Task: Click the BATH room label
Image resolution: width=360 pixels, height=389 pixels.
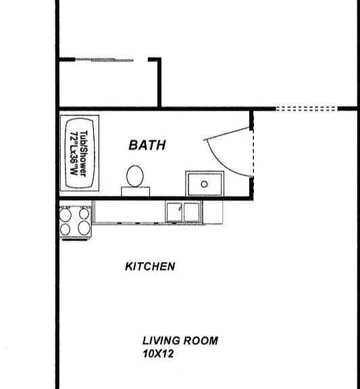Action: pyautogui.click(x=147, y=145)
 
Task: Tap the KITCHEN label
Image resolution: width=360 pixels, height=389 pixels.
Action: pyautogui.click(x=150, y=267)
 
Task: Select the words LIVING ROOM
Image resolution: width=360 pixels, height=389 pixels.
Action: pyautogui.click(x=180, y=340)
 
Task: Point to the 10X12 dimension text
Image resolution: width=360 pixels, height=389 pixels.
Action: pyautogui.click(x=158, y=353)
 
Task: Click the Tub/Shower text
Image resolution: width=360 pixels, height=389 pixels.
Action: pyautogui.click(x=84, y=153)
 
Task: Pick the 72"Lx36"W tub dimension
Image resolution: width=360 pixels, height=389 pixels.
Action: pyautogui.click(x=74, y=153)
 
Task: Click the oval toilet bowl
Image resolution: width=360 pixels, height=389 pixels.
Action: pyautogui.click(x=135, y=176)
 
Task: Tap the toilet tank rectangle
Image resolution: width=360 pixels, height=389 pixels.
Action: pyautogui.click(x=136, y=192)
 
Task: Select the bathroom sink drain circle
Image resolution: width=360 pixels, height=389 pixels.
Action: pyautogui.click(x=205, y=184)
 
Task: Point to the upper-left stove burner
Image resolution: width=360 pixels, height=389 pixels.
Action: pyautogui.click(x=66, y=215)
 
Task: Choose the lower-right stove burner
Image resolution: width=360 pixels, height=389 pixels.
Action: pyautogui.click(x=84, y=228)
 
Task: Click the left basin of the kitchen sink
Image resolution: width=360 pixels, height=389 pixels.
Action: pyautogui.click(x=174, y=212)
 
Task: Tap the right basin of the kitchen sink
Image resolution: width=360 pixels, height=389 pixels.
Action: pyautogui.click(x=192, y=212)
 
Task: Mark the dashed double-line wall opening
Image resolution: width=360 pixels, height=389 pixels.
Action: pyautogui.click(x=307, y=109)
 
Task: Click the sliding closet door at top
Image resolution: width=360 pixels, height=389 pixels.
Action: pyautogui.click(x=104, y=60)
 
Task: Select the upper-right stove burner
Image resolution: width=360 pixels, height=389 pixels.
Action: pyautogui.click(x=84, y=213)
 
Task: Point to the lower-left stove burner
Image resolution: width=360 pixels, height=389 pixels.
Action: pyautogui.click(x=65, y=230)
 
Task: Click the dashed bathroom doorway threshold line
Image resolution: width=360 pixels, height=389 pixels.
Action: pyautogui.click(x=253, y=153)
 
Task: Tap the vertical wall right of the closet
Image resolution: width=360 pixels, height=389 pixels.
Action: pyautogui.click(x=159, y=83)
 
